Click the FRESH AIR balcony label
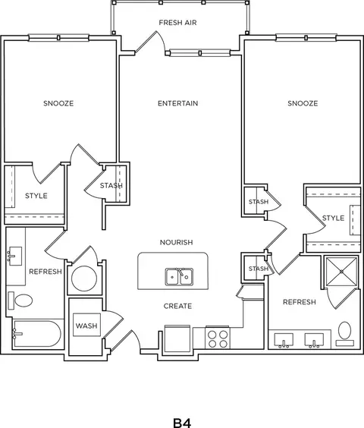pos(177,22)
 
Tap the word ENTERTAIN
pos(178,103)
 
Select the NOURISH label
pos(176,242)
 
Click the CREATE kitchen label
pos(177,306)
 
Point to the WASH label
pos(86,326)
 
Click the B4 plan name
pos(182,423)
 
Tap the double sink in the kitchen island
pos(179,277)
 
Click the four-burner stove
pos(218,338)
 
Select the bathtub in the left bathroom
pos(37,334)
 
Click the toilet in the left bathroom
pos(20,301)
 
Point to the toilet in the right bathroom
pos(344,334)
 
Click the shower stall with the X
pos(341,272)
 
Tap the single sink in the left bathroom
pos(14,256)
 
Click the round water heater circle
pos(84,279)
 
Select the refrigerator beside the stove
pos(177,338)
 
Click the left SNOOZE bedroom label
pos(58,103)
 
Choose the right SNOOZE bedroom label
pos(303,103)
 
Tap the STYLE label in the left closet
pos(36,196)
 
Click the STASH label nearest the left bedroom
pos(111,186)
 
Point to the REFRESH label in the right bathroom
pos(300,302)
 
